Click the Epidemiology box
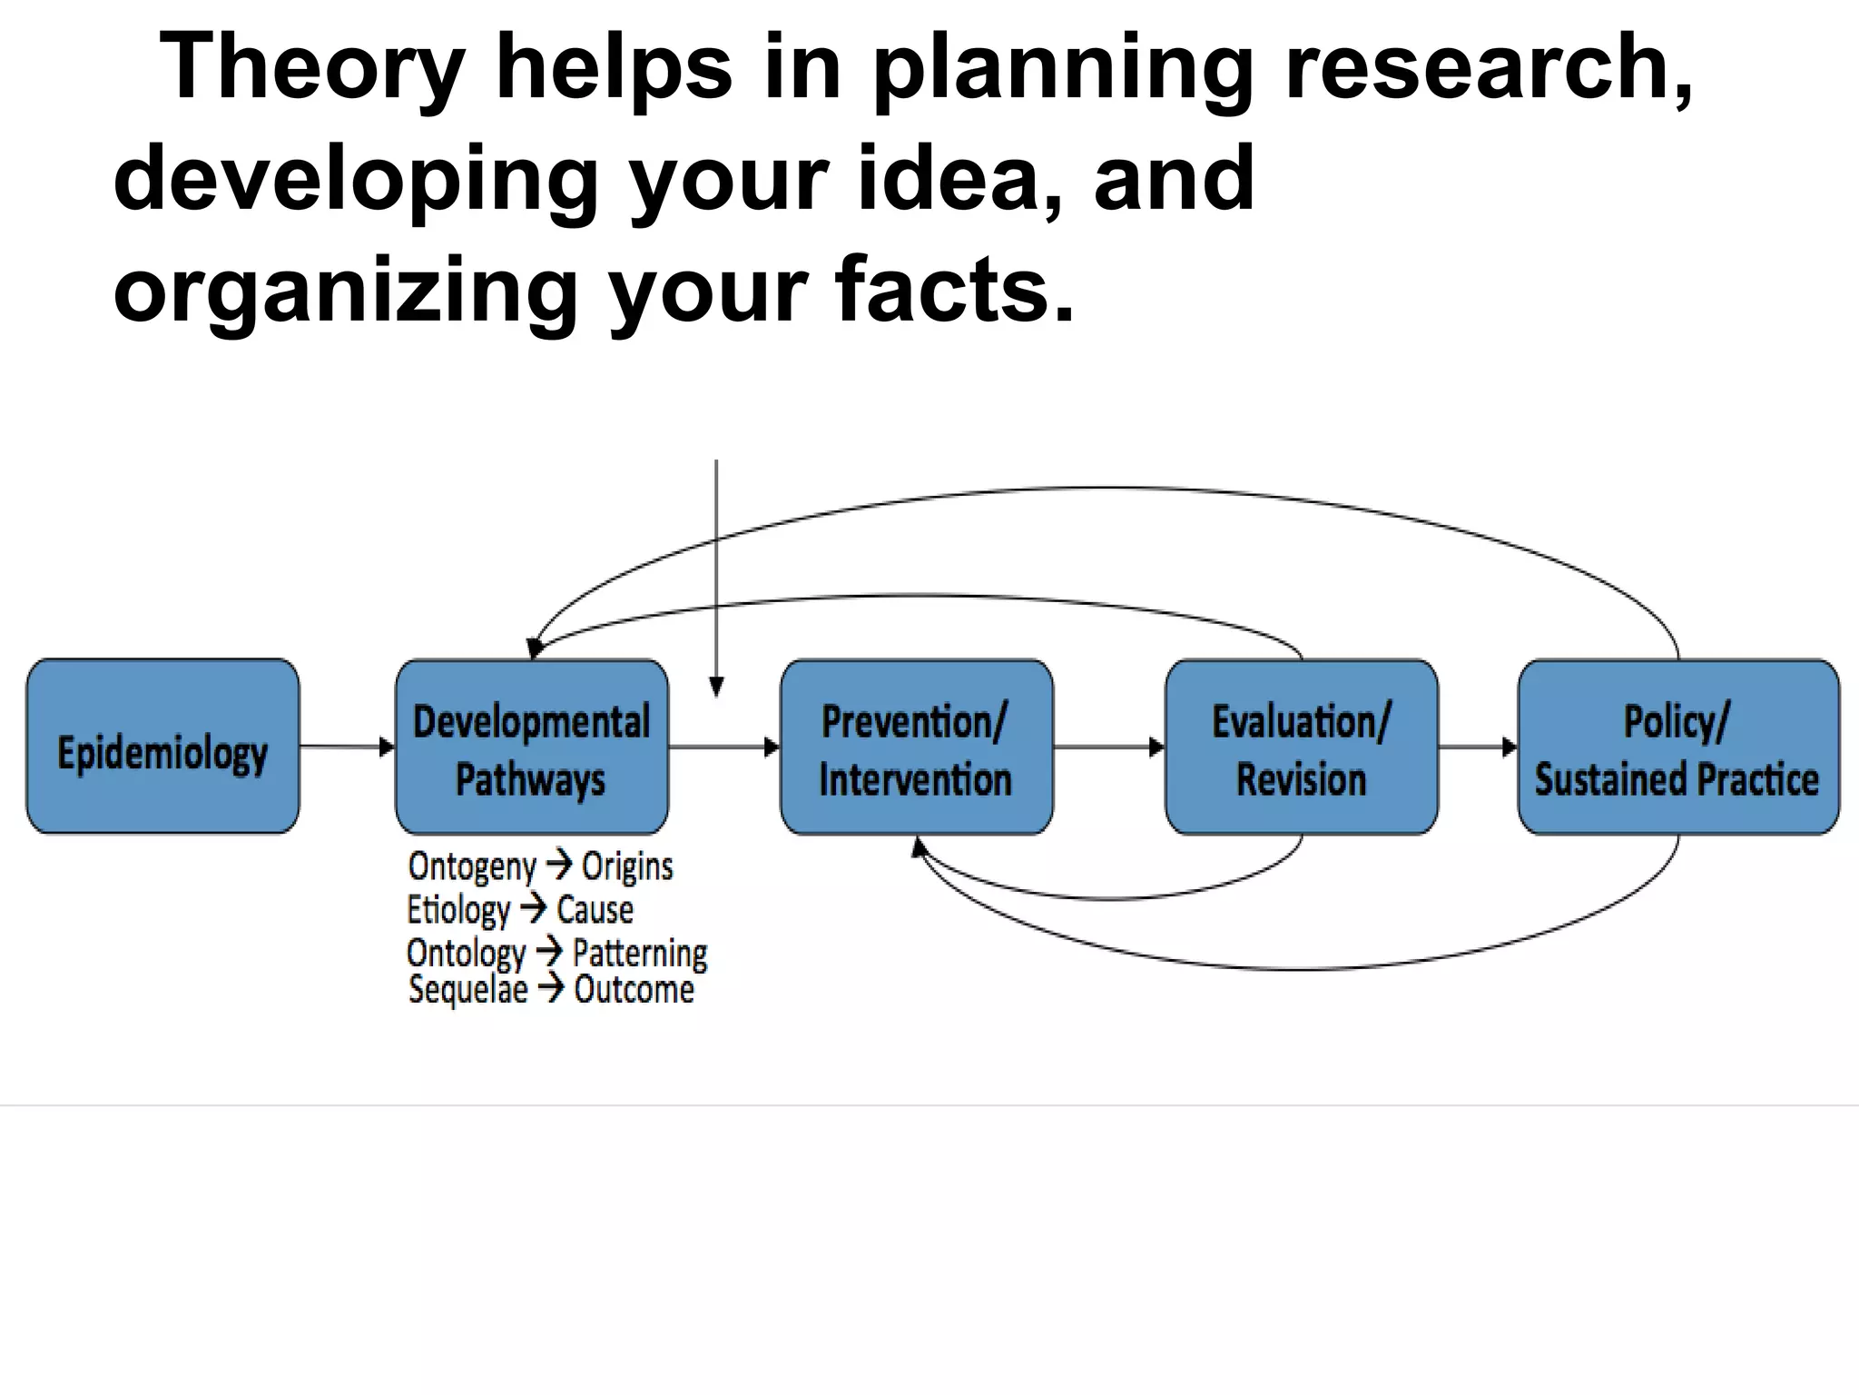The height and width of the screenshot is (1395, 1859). (x=162, y=747)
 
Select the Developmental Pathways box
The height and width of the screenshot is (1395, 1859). (x=532, y=747)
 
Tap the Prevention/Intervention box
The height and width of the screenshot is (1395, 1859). (x=916, y=747)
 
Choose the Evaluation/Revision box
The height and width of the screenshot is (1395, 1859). (x=1302, y=747)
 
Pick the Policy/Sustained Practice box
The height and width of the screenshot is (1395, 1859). (x=1677, y=747)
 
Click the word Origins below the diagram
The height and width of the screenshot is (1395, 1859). (x=627, y=866)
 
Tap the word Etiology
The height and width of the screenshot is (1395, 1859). (x=458, y=909)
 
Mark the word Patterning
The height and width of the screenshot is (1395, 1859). (x=640, y=953)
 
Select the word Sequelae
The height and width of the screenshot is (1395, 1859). (x=467, y=989)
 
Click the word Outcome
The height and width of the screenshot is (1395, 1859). (x=634, y=989)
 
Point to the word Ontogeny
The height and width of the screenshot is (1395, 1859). (x=472, y=866)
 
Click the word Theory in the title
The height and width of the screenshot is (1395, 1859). (x=313, y=68)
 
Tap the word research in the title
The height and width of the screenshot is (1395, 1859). (x=1489, y=68)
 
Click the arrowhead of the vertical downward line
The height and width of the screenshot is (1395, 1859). (x=716, y=688)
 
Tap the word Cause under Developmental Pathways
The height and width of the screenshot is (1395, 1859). (x=595, y=909)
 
